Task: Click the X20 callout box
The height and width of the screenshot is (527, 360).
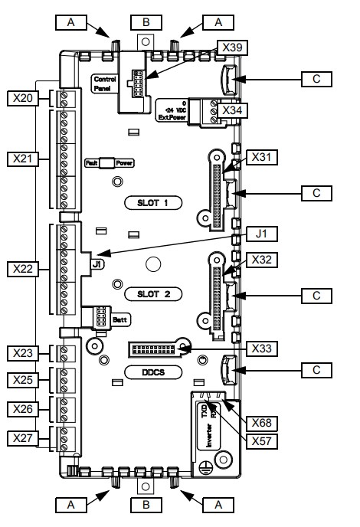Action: point(22,99)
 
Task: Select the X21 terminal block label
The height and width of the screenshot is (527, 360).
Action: point(22,159)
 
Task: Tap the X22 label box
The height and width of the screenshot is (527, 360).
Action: point(22,269)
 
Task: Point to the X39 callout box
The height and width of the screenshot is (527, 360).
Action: point(232,47)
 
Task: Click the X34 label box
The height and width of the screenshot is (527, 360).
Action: point(232,110)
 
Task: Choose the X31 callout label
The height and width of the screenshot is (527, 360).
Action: point(262,157)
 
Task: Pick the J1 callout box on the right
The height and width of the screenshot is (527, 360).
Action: point(262,234)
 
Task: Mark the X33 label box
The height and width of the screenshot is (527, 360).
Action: point(262,349)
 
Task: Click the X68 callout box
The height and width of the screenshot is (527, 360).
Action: point(262,423)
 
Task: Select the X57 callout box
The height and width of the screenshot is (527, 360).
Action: point(262,441)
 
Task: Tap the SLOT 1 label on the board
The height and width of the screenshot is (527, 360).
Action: point(153,203)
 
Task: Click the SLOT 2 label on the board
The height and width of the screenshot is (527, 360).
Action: point(153,294)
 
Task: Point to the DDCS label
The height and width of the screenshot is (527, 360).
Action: point(153,372)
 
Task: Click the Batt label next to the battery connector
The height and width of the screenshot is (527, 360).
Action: point(120,319)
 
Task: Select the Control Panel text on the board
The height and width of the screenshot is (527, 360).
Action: point(104,84)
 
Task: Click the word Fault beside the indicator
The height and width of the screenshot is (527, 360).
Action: point(92,163)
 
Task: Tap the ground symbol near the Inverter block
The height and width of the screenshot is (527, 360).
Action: point(204,467)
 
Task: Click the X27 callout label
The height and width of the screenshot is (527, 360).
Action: point(22,438)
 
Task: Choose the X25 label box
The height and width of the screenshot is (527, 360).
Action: point(22,380)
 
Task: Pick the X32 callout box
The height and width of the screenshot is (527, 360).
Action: point(262,260)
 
